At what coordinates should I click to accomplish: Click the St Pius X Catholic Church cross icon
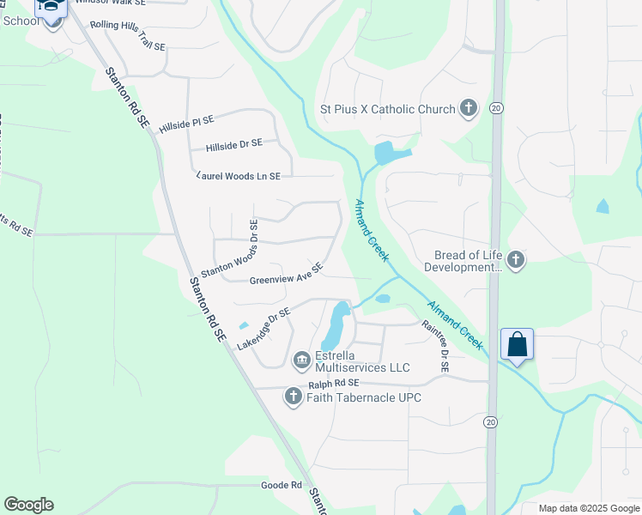(x=468, y=109)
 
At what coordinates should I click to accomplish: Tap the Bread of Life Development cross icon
(x=515, y=260)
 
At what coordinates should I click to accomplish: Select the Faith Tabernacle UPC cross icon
(x=293, y=396)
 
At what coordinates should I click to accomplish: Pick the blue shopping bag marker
(x=517, y=345)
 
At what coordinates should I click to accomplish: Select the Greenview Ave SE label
(x=286, y=275)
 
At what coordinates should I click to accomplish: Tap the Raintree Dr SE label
(x=434, y=346)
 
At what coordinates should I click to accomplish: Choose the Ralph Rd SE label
(x=333, y=383)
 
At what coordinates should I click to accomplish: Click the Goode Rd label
(x=282, y=485)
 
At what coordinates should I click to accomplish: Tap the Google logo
(x=28, y=505)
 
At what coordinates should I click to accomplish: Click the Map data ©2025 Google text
(x=588, y=508)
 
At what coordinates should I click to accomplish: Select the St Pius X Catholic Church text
(x=387, y=109)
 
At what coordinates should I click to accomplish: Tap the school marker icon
(x=52, y=9)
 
